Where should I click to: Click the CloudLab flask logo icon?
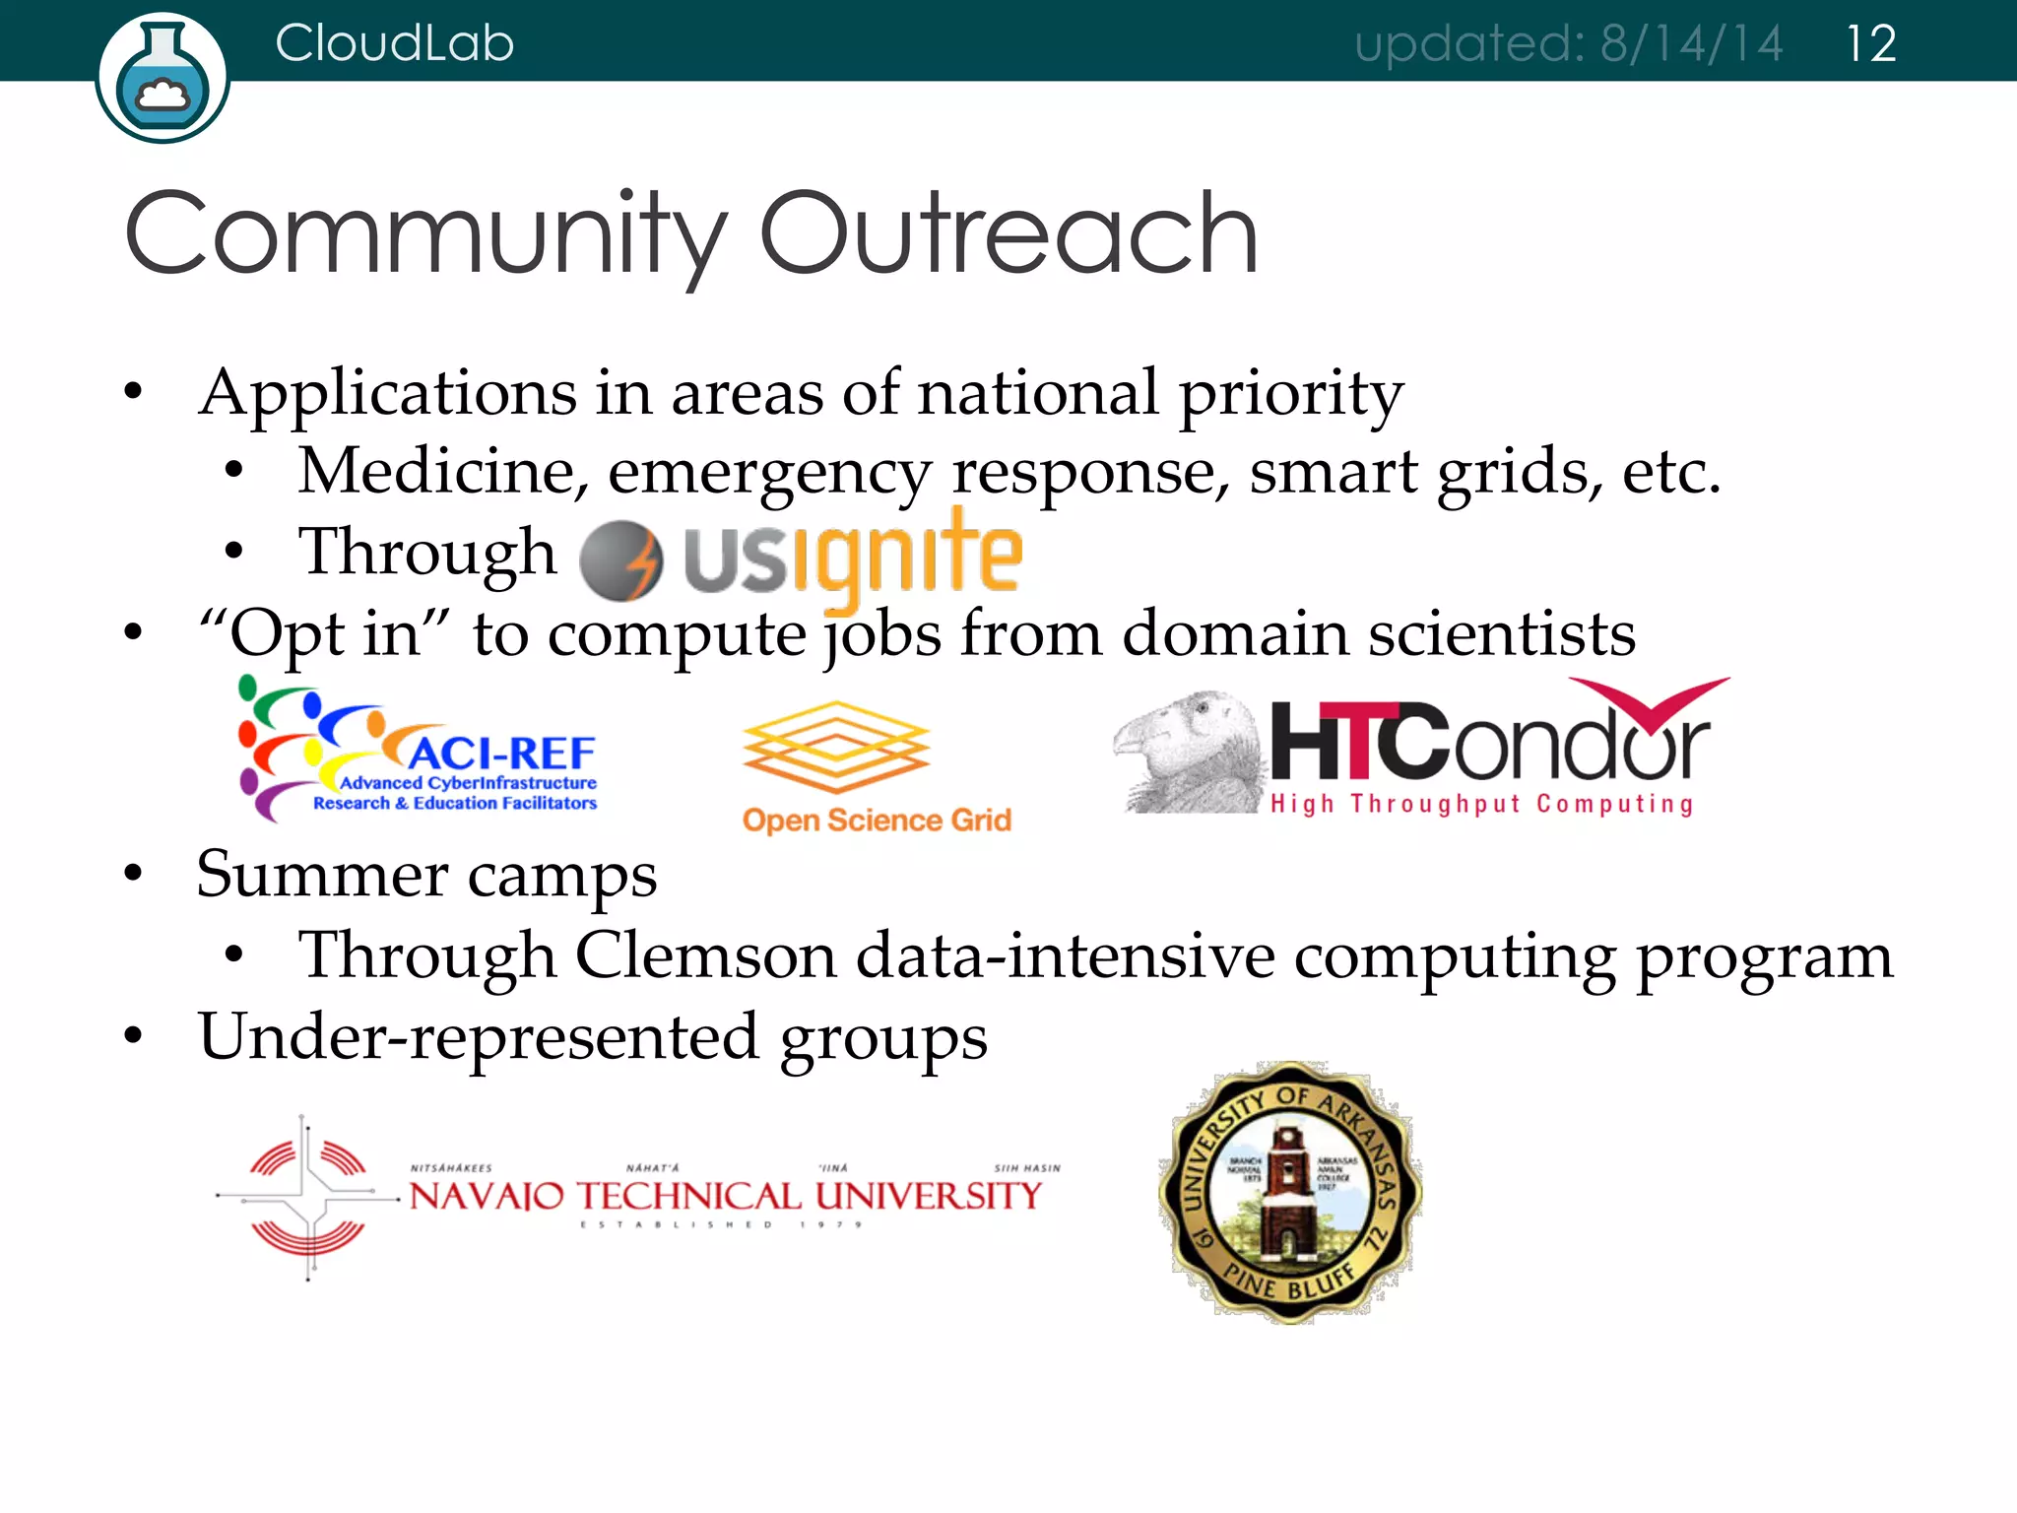(163, 77)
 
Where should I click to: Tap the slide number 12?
(1870, 44)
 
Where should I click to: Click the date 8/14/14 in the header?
(1691, 44)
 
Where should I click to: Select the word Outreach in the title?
(1008, 234)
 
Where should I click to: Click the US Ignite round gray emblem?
(621, 560)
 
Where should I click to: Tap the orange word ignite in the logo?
(906, 554)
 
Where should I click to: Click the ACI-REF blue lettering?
(502, 754)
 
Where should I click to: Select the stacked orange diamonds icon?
(835, 746)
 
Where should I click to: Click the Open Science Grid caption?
(877, 820)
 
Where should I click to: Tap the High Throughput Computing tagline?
(1482, 804)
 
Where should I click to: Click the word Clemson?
(704, 955)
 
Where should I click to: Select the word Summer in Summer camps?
(322, 875)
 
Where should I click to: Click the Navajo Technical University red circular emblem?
(308, 1197)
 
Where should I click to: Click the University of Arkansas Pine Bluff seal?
(1290, 1192)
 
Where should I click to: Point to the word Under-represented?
(479, 1037)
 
